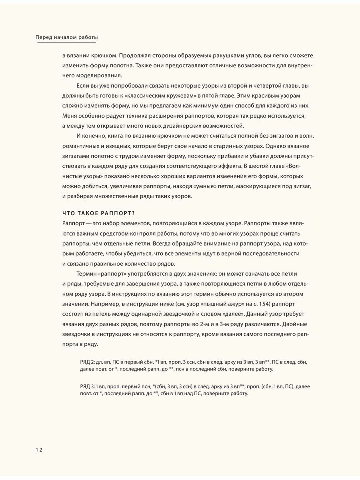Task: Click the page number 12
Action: click(x=38, y=450)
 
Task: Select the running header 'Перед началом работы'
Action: click(x=67, y=37)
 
